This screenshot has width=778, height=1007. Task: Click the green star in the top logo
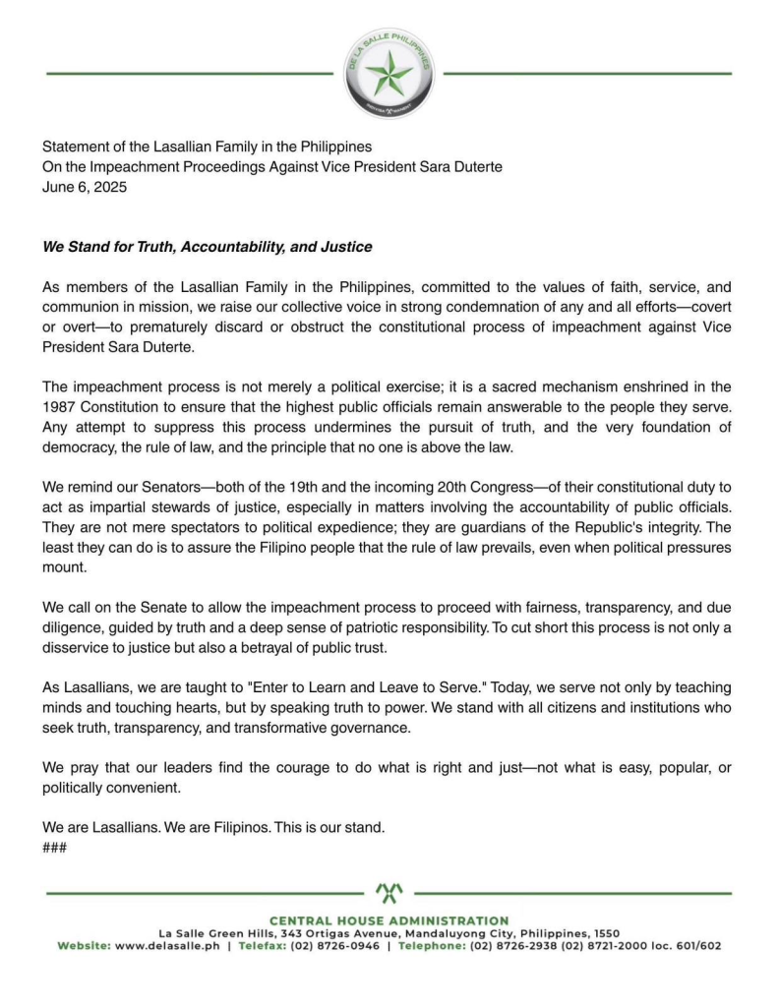coord(389,73)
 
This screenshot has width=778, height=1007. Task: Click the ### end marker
coord(54,847)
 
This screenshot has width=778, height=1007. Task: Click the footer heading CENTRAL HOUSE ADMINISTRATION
coord(389,920)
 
